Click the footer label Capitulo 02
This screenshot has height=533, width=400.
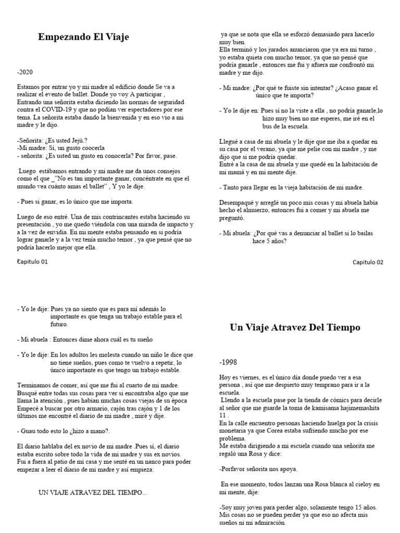368,262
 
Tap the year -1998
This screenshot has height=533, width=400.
228,362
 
